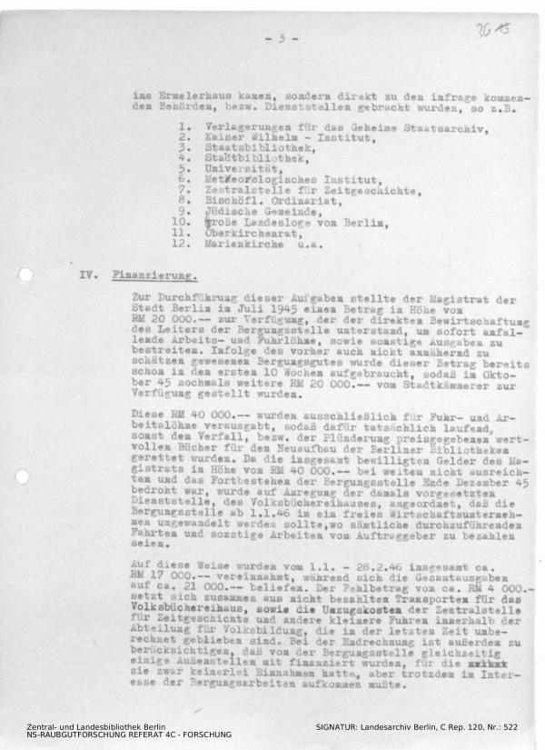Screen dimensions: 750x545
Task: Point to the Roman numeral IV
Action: (88, 274)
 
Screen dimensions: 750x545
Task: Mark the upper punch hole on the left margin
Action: (25, 275)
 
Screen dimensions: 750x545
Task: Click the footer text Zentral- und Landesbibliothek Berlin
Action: (95, 727)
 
